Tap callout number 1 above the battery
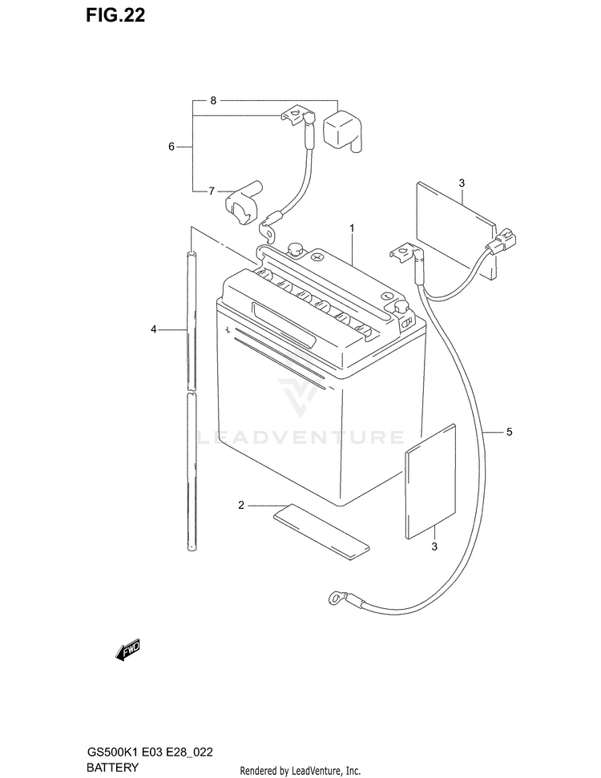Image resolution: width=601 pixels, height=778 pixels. tap(351, 228)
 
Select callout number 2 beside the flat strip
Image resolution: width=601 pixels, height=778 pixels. tap(240, 505)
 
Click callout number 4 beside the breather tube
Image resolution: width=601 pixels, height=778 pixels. tap(151, 329)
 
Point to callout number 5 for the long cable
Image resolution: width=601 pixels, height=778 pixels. tap(508, 433)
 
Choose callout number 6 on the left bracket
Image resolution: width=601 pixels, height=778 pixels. tap(171, 147)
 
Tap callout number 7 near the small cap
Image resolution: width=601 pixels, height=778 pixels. tap(212, 191)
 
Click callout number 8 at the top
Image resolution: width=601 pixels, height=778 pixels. tap(213, 100)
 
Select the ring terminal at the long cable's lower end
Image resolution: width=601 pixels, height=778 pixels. tap(333, 596)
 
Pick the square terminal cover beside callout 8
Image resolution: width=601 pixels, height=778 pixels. tap(342, 131)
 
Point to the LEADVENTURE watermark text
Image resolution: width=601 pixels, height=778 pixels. tap(300, 437)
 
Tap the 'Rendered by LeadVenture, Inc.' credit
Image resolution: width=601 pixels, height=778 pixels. tap(300, 770)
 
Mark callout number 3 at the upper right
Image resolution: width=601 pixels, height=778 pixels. tap(462, 183)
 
